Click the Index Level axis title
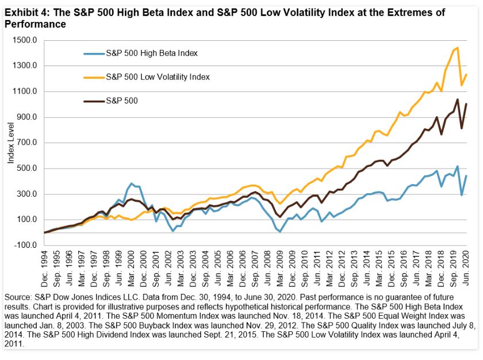click(x=10, y=143)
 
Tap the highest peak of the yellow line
click(x=457, y=48)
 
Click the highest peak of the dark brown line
click(x=457, y=99)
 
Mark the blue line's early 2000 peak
click(x=132, y=183)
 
